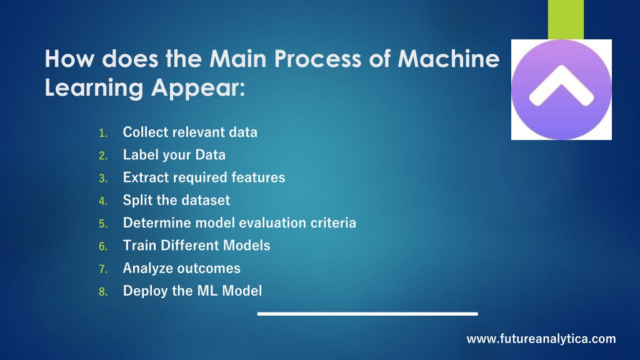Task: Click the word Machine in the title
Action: click(449, 58)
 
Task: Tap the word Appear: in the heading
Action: click(198, 88)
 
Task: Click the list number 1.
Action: click(103, 133)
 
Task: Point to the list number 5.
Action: click(103, 224)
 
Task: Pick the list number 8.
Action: click(103, 292)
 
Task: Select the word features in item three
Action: click(258, 177)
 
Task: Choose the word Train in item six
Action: click(140, 246)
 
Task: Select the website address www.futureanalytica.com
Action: click(541, 339)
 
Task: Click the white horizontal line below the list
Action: click(367, 314)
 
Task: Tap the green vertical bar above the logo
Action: click(566, 19)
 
